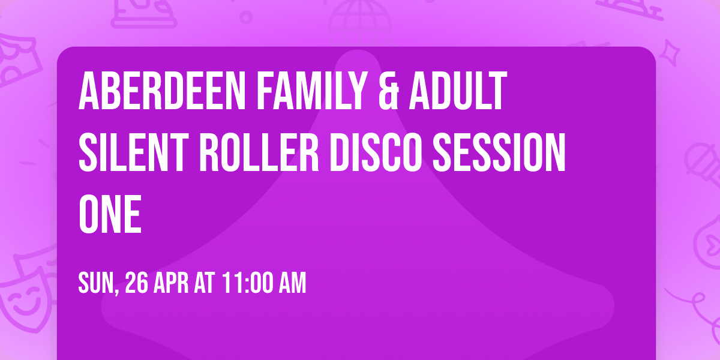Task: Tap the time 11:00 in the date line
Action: [x=246, y=282]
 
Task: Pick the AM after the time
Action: [x=290, y=282]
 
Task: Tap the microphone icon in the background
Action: [x=699, y=159]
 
